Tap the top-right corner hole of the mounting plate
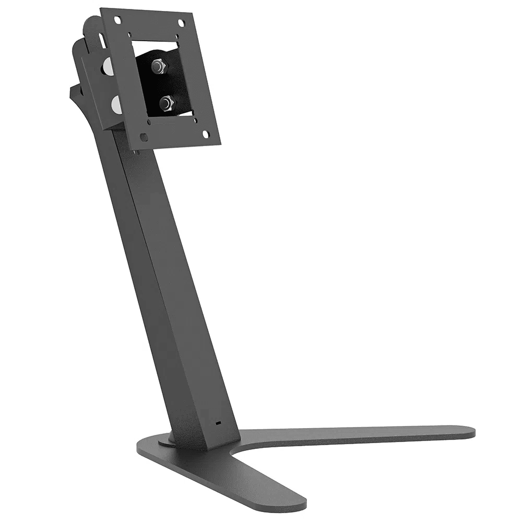tap(181, 23)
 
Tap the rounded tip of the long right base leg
tap(467, 432)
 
